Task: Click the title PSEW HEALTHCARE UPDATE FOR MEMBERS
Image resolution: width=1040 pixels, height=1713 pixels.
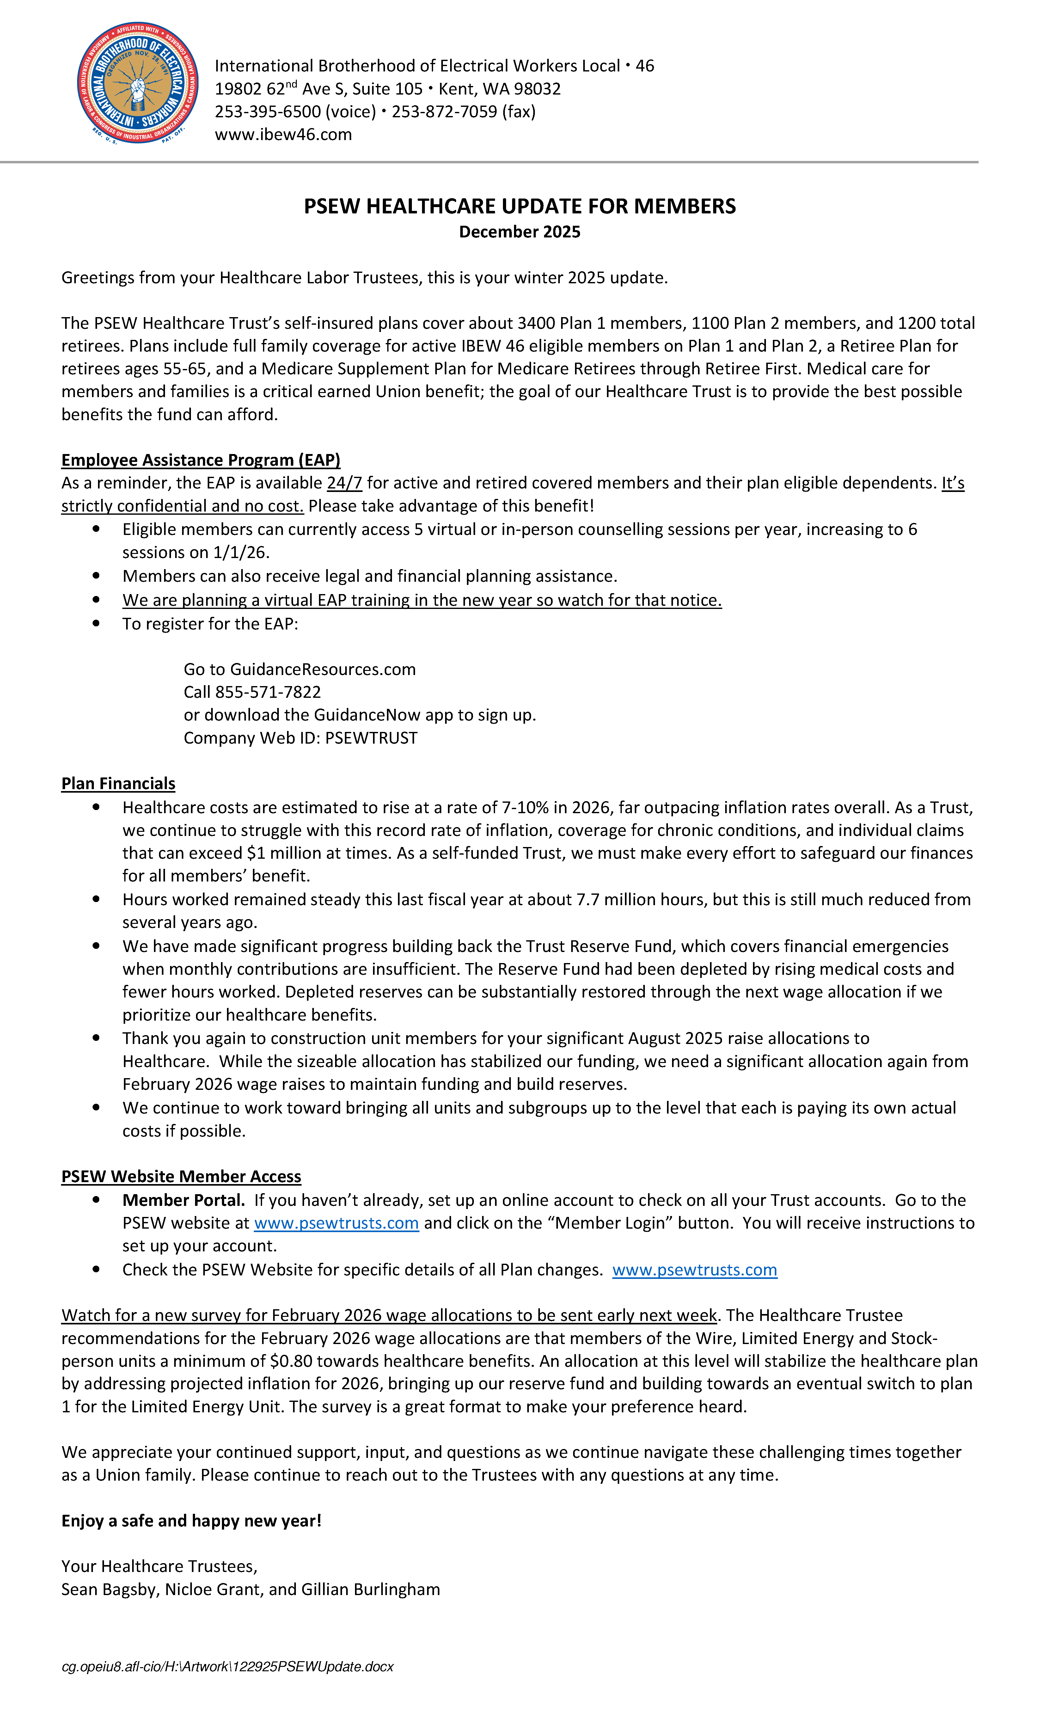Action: coord(519,206)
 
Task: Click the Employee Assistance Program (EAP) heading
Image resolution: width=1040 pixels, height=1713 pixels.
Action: coord(200,460)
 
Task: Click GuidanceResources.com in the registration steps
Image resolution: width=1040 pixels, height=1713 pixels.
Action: coord(322,670)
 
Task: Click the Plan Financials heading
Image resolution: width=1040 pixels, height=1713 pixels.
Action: coord(118,783)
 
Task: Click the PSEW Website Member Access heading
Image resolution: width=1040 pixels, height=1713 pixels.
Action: coord(181,1176)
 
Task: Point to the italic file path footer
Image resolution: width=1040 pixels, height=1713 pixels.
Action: coord(227,1667)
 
